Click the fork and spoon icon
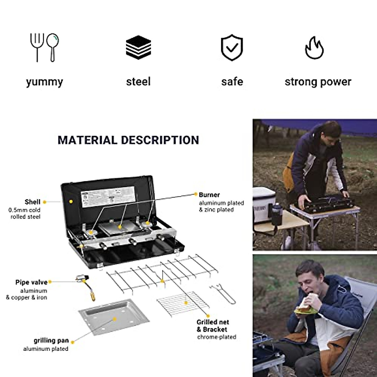click(44, 47)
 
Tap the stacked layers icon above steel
click(138, 47)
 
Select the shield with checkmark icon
click(232, 47)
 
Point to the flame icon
click(314, 48)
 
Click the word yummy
click(44, 82)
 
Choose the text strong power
click(318, 82)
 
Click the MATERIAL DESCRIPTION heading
click(128, 140)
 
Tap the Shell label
click(32, 202)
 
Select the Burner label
click(209, 195)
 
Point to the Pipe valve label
click(31, 282)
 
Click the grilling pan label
click(51, 341)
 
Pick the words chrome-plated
click(216, 337)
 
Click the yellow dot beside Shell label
click(45, 202)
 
